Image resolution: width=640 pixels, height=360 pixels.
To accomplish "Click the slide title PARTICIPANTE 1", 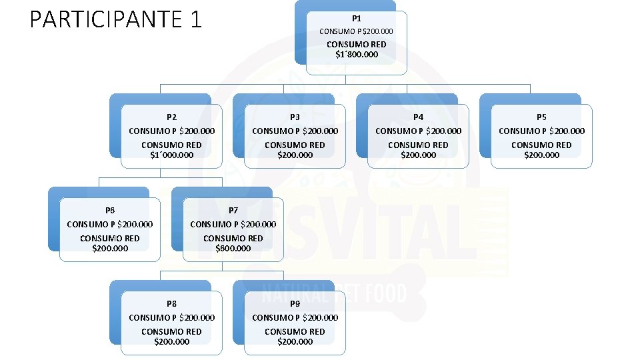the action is pyautogui.click(x=115, y=19).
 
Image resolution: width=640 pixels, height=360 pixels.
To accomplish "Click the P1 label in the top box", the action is pyautogui.click(x=357, y=19).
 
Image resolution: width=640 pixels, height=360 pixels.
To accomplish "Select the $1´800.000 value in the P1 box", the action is pyautogui.click(x=357, y=55).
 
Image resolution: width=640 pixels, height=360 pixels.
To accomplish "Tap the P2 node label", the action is pyautogui.click(x=171, y=117).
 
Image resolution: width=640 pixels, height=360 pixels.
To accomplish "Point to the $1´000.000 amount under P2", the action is pyautogui.click(x=171, y=155).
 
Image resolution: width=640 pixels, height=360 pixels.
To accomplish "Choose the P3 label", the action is pyautogui.click(x=295, y=117).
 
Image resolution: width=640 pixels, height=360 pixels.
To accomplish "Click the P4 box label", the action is pyautogui.click(x=418, y=117).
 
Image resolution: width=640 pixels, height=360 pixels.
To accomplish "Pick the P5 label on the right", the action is pyautogui.click(x=541, y=117).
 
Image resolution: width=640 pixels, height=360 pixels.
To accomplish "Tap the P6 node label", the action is pyautogui.click(x=110, y=210).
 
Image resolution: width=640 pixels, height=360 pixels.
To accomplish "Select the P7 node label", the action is pyautogui.click(x=233, y=210).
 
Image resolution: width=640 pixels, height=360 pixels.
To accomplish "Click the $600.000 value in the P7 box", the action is pyautogui.click(x=233, y=249).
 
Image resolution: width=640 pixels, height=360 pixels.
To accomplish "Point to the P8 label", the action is pyautogui.click(x=171, y=303).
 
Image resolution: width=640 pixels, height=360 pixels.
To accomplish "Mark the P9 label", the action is pyautogui.click(x=295, y=303).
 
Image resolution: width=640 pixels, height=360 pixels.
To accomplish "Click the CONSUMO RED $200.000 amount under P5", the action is pyautogui.click(x=541, y=155).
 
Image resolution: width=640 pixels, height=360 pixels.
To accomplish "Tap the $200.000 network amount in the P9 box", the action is pyautogui.click(x=295, y=342).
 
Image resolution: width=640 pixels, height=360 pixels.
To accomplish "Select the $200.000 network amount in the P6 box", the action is pyautogui.click(x=110, y=249).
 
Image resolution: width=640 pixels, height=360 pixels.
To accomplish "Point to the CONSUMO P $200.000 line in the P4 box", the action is pyautogui.click(x=418, y=131).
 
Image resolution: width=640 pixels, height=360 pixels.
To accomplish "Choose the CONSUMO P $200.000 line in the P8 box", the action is pyautogui.click(x=171, y=317).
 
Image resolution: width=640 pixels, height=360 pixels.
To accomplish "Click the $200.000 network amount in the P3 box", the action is pyautogui.click(x=295, y=155).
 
